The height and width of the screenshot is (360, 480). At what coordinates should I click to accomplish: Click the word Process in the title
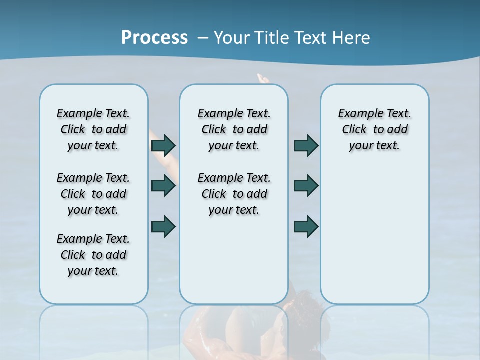click(x=154, y=37)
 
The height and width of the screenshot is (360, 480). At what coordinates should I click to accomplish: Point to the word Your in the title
click(x=232, y=38)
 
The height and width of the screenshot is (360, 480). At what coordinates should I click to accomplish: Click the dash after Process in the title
click(x=203, y=38)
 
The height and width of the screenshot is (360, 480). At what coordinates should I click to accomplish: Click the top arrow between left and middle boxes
click(x=163, y=145)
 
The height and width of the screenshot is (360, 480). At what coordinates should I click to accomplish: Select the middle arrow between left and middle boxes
click(x=163, y=186)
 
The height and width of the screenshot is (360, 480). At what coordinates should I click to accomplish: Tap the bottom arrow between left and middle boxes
click(x=163, y=226)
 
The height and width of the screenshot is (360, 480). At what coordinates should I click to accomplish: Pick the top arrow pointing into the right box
click(x=306, y=145)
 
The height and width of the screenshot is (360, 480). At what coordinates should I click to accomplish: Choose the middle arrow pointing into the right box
click(x=306, y=186)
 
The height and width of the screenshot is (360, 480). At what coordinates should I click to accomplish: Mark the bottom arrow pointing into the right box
click(x=306, y=226)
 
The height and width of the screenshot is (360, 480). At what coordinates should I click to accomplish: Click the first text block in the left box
click(x=93, y=129)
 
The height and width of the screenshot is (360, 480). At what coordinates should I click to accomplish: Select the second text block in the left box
click(x=93, y=194)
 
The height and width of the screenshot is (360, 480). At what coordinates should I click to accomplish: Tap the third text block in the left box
click(x=93, y=255)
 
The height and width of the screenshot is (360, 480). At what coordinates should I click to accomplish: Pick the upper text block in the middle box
click(x=234, y=129)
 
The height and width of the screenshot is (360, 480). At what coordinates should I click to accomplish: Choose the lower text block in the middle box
click(x=234, y=194)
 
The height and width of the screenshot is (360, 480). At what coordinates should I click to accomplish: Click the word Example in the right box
click(x=357, y=113)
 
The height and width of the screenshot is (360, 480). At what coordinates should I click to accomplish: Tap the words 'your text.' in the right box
click(x=374, y=145)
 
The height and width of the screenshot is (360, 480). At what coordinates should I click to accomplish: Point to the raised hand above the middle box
click(x=262, y=78)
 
